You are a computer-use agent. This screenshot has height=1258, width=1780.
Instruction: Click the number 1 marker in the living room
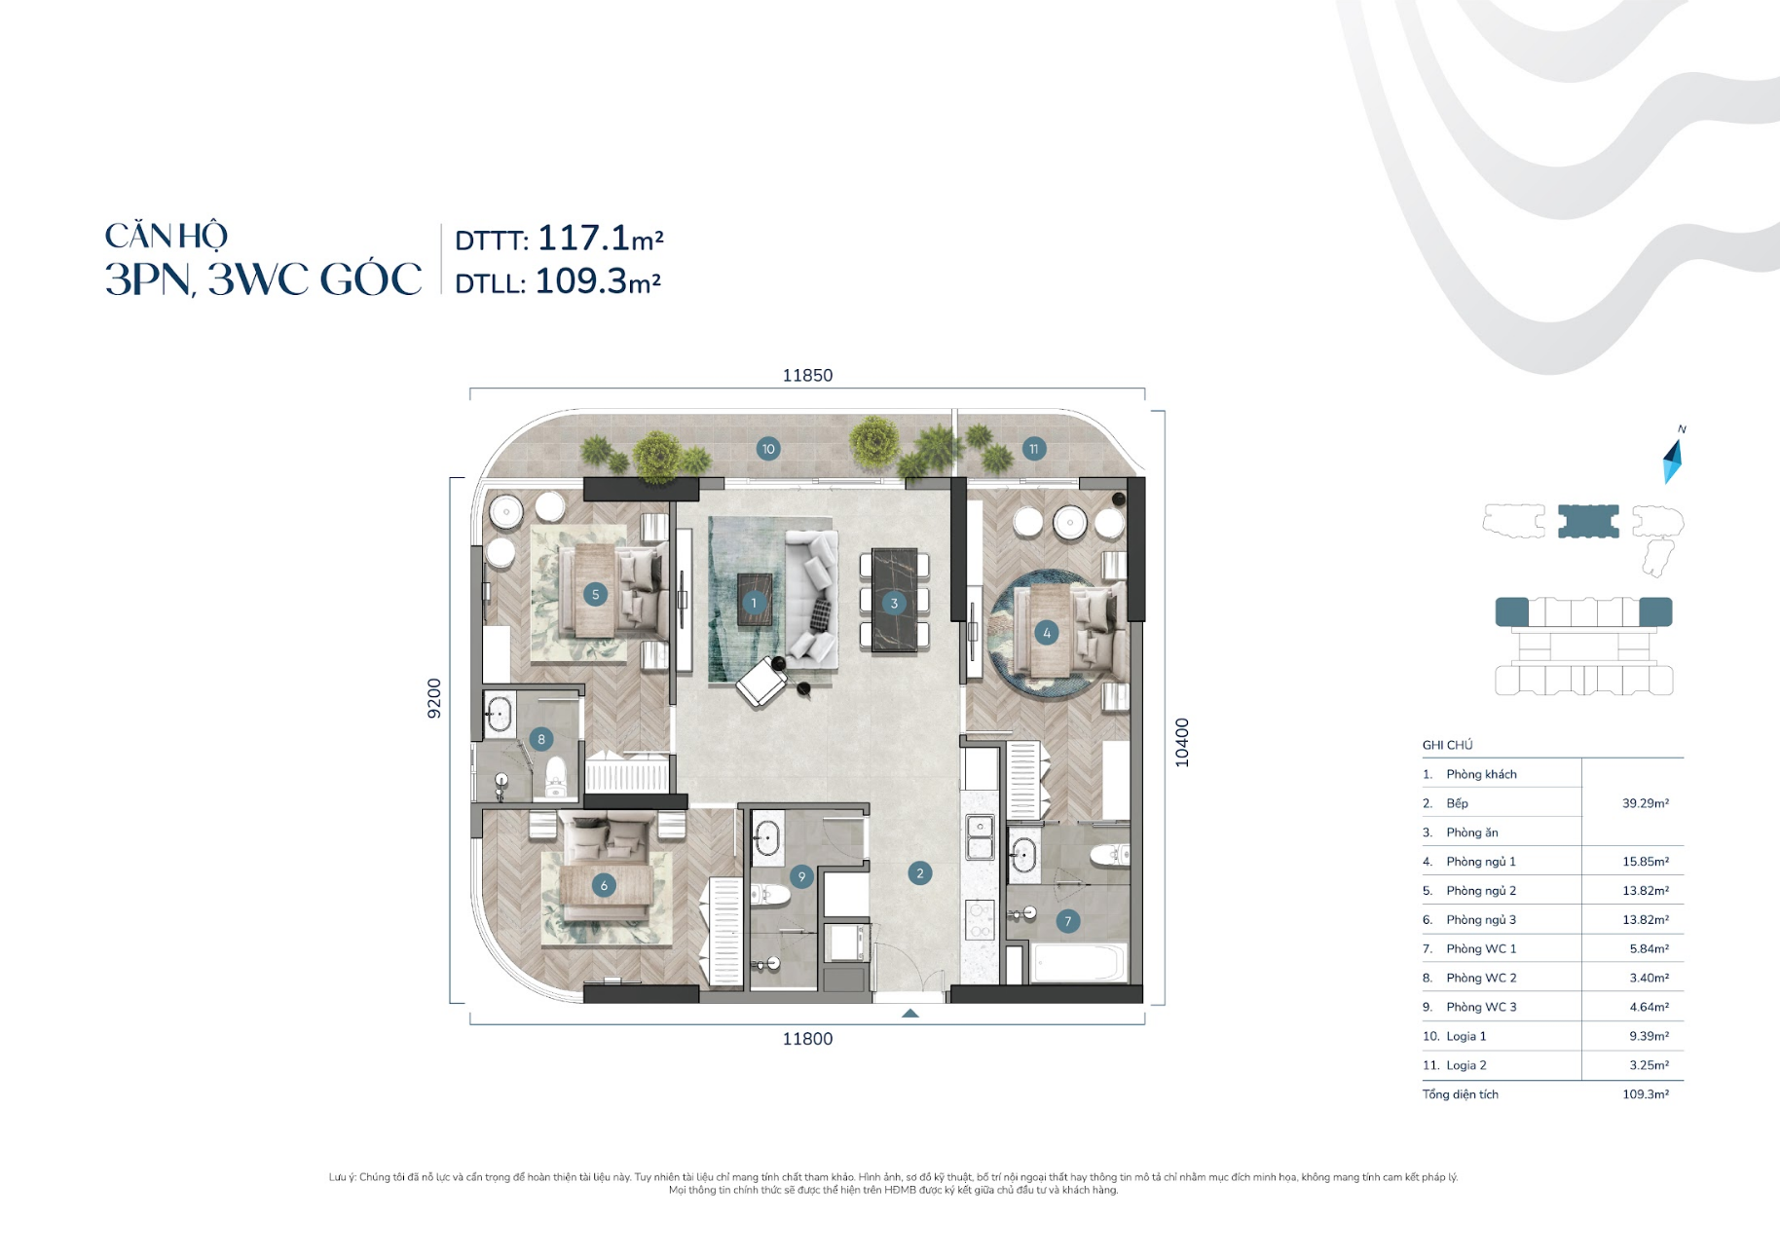(753, 603)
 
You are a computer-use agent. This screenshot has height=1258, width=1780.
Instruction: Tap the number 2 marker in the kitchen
(919, 873)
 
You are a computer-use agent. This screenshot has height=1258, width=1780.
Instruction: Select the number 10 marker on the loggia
(768, 449)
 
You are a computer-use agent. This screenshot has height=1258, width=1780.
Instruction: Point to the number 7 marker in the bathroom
(1068, 921)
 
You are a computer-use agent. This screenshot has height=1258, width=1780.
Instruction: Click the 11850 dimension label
(807, 375)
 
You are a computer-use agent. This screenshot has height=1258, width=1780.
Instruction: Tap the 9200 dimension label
(434, 698)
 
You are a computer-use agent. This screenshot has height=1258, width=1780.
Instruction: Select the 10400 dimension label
(1182, 743)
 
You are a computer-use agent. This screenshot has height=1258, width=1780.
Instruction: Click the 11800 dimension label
(807, 1039)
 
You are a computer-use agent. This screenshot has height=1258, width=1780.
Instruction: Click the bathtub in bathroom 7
(1080, 964)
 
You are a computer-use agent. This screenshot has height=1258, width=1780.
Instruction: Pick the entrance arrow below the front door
(909, 1014)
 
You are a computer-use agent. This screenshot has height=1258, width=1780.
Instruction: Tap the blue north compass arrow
(1672, 462)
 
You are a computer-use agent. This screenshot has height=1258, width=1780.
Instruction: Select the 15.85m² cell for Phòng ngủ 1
(1646, 862)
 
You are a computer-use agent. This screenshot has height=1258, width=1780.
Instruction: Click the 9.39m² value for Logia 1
(1649, 1036)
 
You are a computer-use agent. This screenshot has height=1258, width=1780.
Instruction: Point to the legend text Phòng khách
(1481, 774)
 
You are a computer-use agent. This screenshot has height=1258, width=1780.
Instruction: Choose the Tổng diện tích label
(1460, 1094)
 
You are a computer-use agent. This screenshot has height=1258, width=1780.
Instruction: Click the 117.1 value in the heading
(583, 238)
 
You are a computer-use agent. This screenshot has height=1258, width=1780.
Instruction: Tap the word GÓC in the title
(371, 278)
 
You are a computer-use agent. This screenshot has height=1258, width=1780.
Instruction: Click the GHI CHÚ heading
(1447, 745)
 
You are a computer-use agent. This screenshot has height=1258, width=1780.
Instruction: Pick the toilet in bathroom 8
(555, 776)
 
